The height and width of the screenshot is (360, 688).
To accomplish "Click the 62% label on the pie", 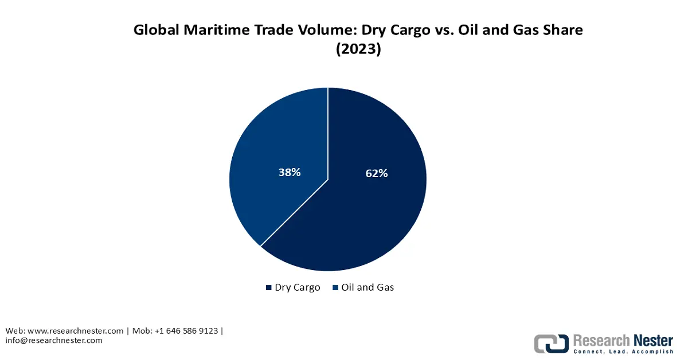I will (377, 173).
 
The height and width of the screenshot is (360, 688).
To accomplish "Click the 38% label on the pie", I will (289, 171).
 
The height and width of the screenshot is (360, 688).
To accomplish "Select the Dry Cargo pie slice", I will (367, 218).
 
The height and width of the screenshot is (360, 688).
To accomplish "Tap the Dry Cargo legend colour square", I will (268, 288).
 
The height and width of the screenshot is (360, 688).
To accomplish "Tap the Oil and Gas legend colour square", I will (335, 288).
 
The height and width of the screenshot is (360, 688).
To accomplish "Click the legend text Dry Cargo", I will (297, 288).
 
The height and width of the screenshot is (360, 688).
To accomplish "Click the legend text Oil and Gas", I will (368, 288).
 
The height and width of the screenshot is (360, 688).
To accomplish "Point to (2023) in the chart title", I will (358, 49).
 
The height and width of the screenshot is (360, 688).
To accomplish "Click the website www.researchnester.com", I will (75, 331).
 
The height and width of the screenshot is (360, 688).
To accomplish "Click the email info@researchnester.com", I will (54, 341).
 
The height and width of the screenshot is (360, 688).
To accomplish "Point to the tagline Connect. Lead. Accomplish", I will (623, 351).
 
